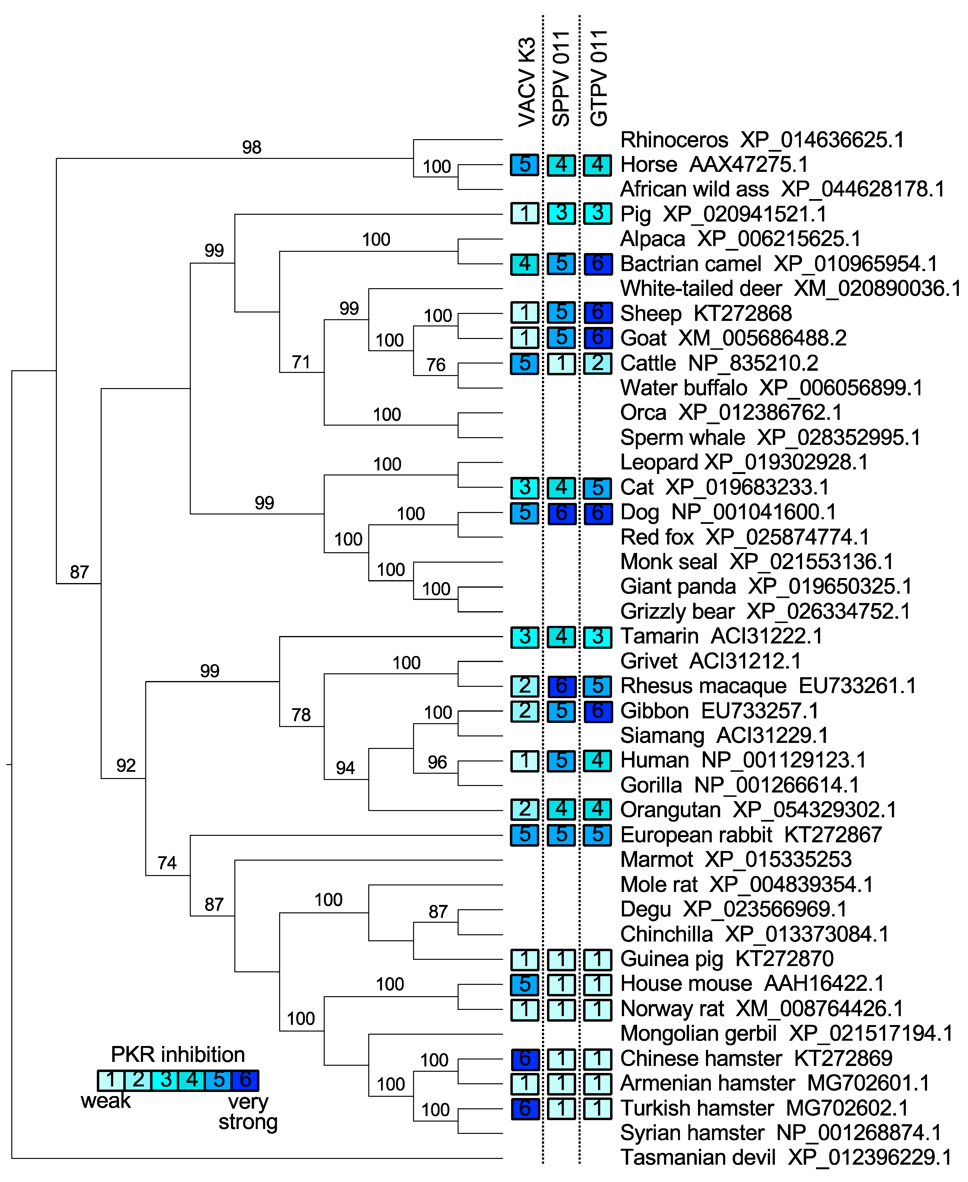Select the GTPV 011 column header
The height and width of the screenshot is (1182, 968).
pos(598,78)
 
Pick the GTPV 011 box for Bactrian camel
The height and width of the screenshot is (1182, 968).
pos(598,264)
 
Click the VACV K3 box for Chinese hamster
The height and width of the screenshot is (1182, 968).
pos(525,1058)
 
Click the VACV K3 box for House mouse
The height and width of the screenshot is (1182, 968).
pos(525,984)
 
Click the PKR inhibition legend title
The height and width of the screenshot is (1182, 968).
pos(178,1054)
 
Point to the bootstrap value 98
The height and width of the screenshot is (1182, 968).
pos(251,147)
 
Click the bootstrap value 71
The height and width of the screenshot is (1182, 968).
pos(301,362)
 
